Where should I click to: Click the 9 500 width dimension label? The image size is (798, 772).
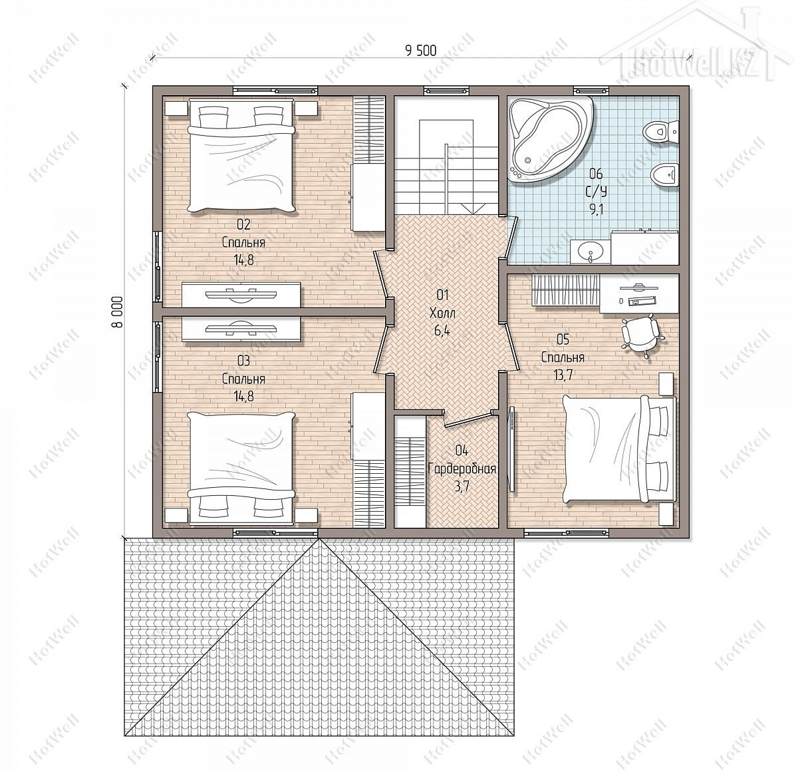[x=420, y=51]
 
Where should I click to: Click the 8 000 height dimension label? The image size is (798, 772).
[x=117, y=311]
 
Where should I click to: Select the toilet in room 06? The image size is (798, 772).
[x=660, y=131]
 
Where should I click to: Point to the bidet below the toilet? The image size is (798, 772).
[x=664, y=176]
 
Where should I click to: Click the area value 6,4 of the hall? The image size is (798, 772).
[x=442, y=331]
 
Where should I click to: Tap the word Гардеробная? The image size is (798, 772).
[x=462, y=469]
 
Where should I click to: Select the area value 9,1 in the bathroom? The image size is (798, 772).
[x=597, y=210]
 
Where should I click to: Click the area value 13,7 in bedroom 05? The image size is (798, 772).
[x=563, y=375]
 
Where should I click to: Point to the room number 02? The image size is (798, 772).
[x=243, y=224]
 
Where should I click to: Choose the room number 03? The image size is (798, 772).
[x=243, y=361]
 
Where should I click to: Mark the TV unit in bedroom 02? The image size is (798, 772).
[x=241, y=294]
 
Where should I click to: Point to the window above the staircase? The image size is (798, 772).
[x=446, y=90]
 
